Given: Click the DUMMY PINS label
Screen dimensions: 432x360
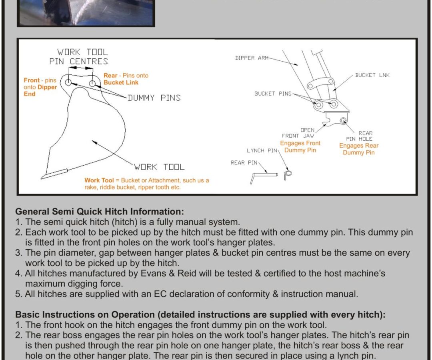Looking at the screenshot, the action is click(154, 98).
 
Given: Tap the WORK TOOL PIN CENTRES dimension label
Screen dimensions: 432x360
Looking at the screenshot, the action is click(79, 57).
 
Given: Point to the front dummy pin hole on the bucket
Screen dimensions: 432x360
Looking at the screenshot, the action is click(68, 82).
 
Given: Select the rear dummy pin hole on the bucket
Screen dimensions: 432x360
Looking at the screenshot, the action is click(92, 84).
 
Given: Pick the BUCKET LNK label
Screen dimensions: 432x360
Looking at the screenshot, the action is click(372, 75).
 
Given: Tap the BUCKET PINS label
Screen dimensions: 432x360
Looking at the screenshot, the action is click(273, 94).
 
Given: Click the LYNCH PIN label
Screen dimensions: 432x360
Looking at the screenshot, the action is click(262, 151).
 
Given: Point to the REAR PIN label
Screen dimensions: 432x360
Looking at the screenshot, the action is click(244, 163).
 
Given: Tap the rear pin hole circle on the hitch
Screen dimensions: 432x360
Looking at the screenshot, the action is click(343, 120).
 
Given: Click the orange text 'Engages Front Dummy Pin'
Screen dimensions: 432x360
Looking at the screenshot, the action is click(300, 146).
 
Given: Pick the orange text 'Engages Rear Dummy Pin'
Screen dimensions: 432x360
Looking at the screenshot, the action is click(359, 149).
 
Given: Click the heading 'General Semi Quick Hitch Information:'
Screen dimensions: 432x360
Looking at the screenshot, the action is click(100, 212).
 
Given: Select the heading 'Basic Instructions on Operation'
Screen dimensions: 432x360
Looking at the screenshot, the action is click(85, 314).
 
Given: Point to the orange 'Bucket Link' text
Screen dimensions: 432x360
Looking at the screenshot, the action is click(121, 82).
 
